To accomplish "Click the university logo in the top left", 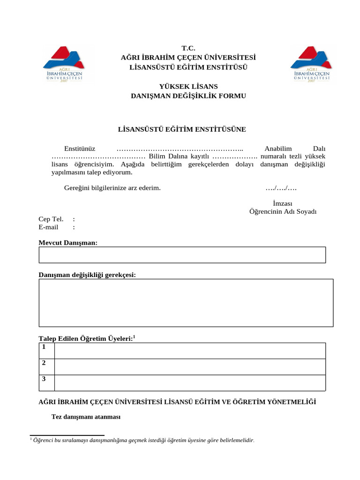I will (x=64, y=64).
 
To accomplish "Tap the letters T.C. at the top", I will (x=188, y=48).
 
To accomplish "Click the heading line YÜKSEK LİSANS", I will (x=188, y=87).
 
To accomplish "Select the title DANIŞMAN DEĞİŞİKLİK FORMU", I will (x=188, y=96).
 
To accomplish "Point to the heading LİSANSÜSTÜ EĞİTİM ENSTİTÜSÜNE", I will (x=181, y=128).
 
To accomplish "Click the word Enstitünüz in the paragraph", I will (x=80, y=148).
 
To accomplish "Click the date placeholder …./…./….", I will (x=281, y=188).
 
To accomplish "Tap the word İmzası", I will (x=283, y=203).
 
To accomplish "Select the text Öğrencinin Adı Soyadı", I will (x=283, y=211).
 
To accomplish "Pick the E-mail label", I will (x=48, y=227).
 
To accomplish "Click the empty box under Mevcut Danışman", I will (x=182, y=255).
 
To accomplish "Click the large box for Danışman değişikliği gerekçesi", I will (x=186, y=303).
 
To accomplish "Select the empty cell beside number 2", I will (x=190, y=367).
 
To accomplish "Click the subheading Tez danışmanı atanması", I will (x=86, y=417).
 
